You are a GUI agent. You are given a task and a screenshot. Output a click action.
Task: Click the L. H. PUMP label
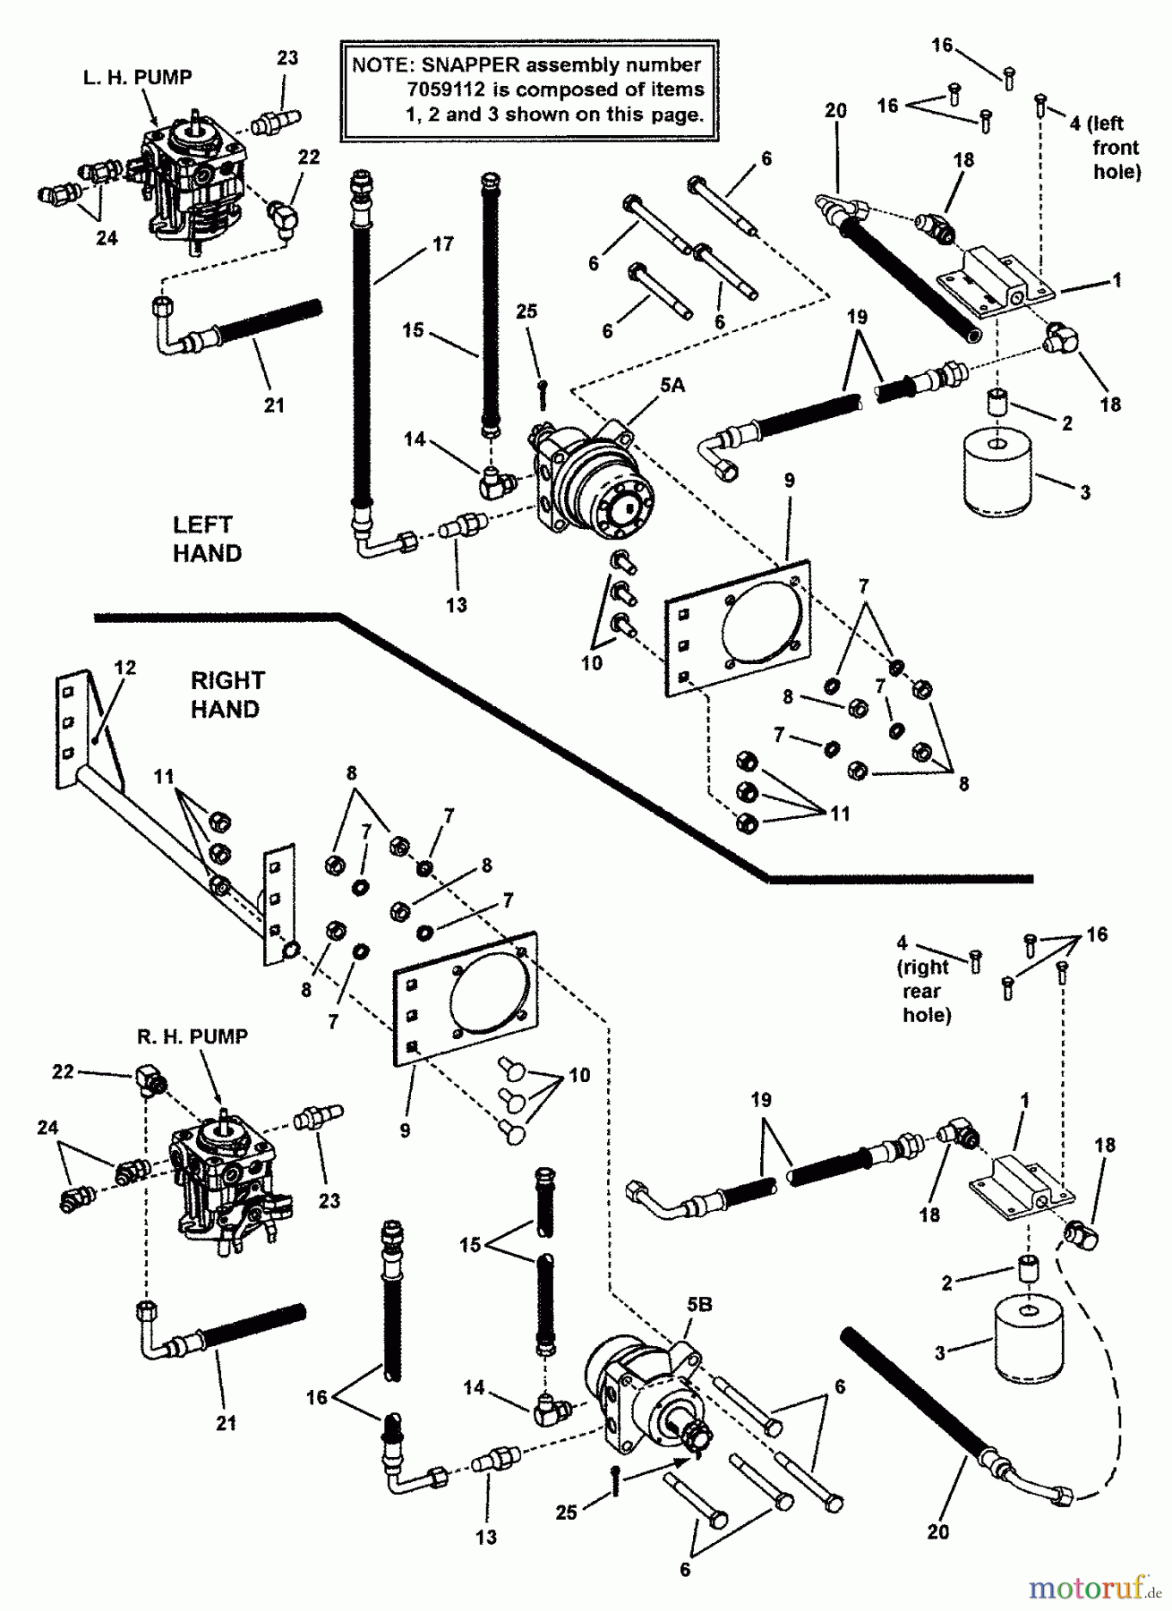click(x=137, y=78)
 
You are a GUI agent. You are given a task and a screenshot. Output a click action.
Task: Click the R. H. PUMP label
click(x=192, y=1036)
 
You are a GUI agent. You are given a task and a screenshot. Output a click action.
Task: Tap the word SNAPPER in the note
click(x=471, y=64)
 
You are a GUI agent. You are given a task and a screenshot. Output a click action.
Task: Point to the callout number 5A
click(x=672, y=385)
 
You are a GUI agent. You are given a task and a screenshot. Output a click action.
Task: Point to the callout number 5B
click(x=699, y=1305)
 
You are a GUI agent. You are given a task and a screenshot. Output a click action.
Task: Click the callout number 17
click(x=442, y=243)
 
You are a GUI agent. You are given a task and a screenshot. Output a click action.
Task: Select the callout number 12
click(x=125, y=668)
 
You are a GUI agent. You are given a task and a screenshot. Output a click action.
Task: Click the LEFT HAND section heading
click(x=206, y=539)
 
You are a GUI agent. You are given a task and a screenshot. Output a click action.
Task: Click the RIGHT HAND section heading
click(x=227, y=695)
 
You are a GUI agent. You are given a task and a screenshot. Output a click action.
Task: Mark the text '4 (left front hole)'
click(x=1106, y=147)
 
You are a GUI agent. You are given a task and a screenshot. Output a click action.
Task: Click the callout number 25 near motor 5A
click(x=526, y=311)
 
